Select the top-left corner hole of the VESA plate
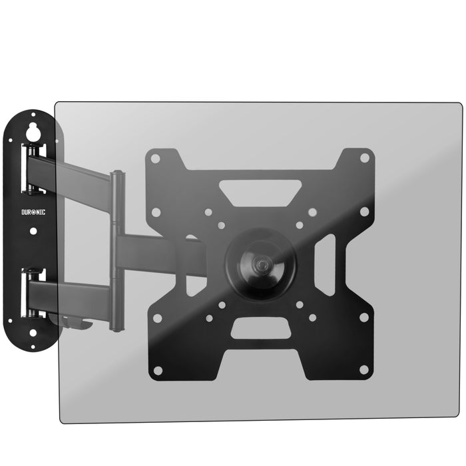(x=155, y=158)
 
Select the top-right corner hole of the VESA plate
(x=364, y=158)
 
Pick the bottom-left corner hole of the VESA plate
(x=158, y=370)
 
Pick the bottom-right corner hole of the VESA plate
(x=363, y=369)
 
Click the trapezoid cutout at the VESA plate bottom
(x=260, y=328)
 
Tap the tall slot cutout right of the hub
(x=324, y=265)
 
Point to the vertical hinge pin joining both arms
(x=117, y=250)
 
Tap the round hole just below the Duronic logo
(x=33, y=231)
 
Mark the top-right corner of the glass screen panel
(x=460, y=104)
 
